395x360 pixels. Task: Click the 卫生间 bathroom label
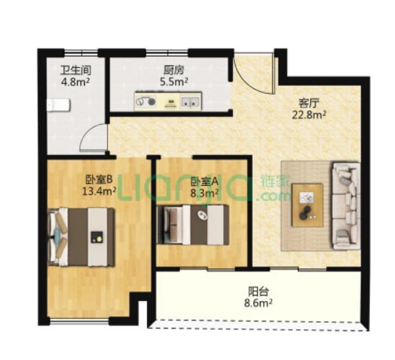coord(75,70)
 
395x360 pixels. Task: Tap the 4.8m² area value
coord(76,82)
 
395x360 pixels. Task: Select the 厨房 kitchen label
coord(174,70)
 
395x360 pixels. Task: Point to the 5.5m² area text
coord(174,82)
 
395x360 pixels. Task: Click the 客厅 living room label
coord(309,103)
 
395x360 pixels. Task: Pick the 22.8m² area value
coord(309,115)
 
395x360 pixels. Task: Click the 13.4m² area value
coord(99,191)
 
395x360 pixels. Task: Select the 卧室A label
coord(204,181)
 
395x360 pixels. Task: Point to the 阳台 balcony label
coord(259,292)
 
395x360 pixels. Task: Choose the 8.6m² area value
coord(258,304)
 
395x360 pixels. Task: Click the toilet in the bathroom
coord(58,105)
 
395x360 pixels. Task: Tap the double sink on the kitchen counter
coord(190,102)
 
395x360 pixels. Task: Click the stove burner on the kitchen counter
coord(152,102)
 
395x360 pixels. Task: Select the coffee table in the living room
coord(308,205)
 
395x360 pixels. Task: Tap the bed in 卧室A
coord(193,225)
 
